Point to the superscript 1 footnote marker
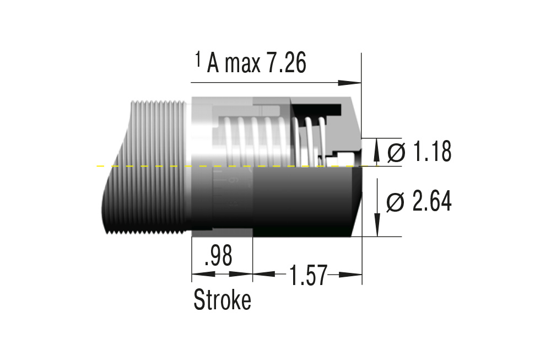(x=198, y=59)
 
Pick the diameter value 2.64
(x=431, y=202)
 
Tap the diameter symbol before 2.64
(x=396, y=203)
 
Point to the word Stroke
(x=222, y=300)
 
